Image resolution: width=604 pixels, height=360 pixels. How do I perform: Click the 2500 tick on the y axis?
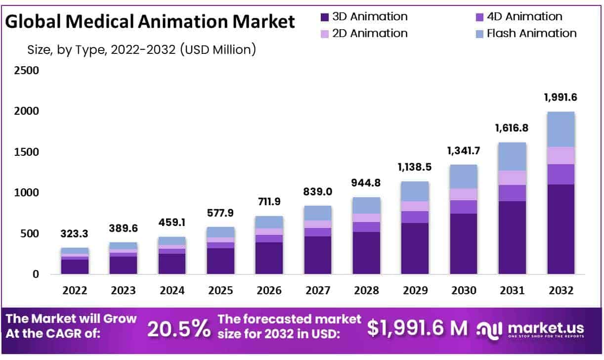pyautogui.click(x=26, y=71)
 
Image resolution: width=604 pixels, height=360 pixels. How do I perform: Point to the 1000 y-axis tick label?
pyautogui.click(x=26, y=192)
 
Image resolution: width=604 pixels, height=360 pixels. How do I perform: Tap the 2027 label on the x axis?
pyautogui.click(x=318, y=290)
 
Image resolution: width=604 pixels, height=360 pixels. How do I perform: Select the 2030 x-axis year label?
pyautogui.click(x=464, y=290)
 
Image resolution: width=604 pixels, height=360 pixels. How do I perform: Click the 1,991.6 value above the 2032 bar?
pyautogui.click(x=561, y=97)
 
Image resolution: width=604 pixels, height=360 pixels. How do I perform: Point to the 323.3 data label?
pyautogui.click(x=75, y=234)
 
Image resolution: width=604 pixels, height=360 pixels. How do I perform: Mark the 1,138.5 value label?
pyautogui.click(x=415, y=167)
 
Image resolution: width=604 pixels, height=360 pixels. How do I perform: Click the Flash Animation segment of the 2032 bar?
pyautogui.click(x=561, y=129)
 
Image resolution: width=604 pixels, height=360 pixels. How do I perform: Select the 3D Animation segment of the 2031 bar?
pyautogui.click(x=512, y=237)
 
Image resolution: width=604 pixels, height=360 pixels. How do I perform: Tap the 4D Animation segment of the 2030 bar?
pyautogui.click(x=464, y=207)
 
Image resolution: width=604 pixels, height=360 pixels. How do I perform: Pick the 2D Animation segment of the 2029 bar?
pyautogui.click(x=415, y=206)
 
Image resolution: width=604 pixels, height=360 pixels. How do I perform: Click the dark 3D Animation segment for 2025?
pyautogui.click(x=220, y=261)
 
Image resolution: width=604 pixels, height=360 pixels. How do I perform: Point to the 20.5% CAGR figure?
pyautogui.click(x=179, y=328)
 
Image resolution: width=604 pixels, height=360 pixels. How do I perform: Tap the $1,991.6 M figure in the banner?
pyautogui.click(x=418, y=327)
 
